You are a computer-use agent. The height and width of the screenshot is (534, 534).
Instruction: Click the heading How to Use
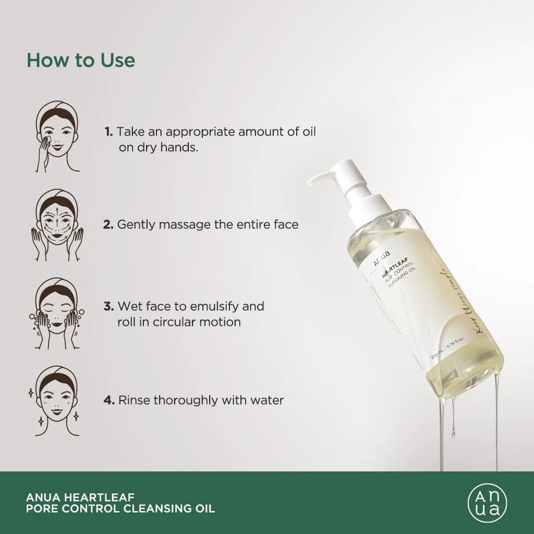click(81, 60)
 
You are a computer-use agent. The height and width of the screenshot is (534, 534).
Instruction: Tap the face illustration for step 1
click(57, 137)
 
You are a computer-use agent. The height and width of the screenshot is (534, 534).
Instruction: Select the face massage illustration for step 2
click(58, 225)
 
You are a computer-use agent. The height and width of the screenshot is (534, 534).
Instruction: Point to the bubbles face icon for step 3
click(57, 313)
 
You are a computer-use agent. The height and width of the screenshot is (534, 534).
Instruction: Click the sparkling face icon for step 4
click(57, 400)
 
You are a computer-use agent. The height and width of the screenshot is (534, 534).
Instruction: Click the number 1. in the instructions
click(108, 132)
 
